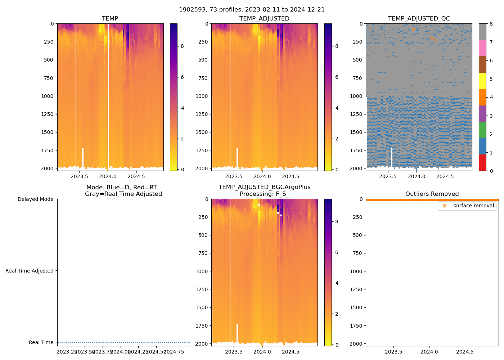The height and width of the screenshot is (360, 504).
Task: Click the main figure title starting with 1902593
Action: (x=252, y=10)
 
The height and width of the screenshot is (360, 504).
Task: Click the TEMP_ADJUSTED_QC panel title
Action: (x=419, y=19)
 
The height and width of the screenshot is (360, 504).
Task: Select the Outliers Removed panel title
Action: (x=432, y=194)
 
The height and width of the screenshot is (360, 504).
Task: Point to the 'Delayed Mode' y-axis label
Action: (x=35, y=199)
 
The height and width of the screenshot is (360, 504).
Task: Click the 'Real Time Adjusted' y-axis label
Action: (x=29, y=271)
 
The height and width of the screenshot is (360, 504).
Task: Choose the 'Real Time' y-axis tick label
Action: (x=41, y=342)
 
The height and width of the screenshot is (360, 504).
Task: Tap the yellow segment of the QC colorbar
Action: (x=482, y=81)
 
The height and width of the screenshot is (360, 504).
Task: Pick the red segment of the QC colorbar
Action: (x=482, y=162)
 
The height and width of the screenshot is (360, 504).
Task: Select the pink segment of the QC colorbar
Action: (x=482, y=48)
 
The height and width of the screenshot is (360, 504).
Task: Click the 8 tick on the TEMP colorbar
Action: (x=182, y=46)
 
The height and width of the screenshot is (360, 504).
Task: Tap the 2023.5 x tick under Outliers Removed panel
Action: (x=394, y=352)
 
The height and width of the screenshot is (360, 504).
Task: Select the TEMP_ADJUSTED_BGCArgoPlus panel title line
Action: (x=264, y=187)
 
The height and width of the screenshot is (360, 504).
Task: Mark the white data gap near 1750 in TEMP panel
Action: (x=83, y=157)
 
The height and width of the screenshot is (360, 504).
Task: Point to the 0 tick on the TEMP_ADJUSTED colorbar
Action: (x=337, y=170)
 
